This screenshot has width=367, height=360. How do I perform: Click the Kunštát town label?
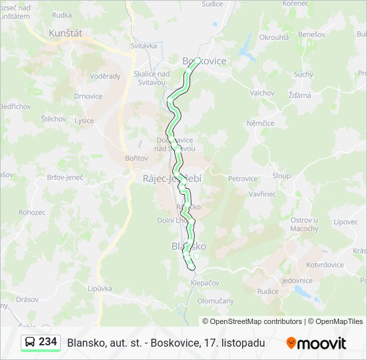click(x=65, y=32)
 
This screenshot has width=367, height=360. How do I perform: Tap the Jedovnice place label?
click(x=297, y=281)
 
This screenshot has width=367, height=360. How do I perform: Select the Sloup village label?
click(x=281, y=176)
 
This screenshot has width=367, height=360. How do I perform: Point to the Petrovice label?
click(x=243, y=179)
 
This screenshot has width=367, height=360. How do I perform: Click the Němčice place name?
click(x=260, y=123)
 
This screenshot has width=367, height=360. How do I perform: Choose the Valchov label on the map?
click(x=262, y=93)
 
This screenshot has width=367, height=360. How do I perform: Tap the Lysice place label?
click(x=85, y=121)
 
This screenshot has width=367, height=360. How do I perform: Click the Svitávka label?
click(x=143, y=46)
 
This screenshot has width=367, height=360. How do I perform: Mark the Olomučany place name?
click(x=216, y=301)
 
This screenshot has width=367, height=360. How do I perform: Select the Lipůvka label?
click(x=99, y=289)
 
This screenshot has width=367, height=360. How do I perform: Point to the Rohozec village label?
click(x=32, y=212)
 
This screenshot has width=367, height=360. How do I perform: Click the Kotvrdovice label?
click(x=325, y=265)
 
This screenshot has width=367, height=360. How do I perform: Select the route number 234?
click(x=47, y=342)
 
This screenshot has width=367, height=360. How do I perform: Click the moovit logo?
click(x=316, y=343)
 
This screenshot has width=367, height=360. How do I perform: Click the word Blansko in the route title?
click(x=83, y=343)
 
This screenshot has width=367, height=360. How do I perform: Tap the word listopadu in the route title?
click(x=244, y=343)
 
